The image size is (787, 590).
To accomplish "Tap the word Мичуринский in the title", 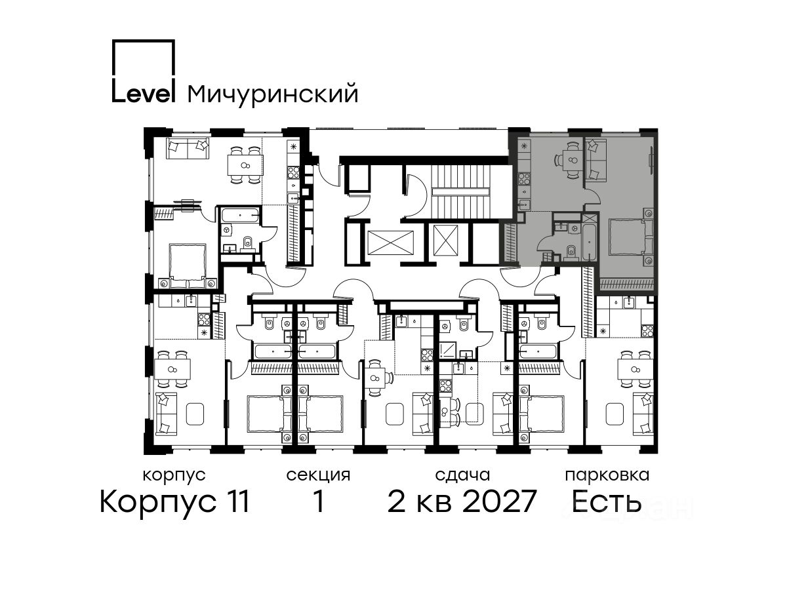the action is (x=273, y=94).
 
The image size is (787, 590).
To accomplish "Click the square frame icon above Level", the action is (x=144, y=59).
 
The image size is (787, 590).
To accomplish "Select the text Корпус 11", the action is (x=174, y=501).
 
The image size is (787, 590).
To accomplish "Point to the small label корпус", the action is (x=174, y=475).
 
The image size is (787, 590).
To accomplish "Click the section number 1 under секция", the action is (x=318, y=501).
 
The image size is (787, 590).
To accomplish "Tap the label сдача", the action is (x=462, y=475).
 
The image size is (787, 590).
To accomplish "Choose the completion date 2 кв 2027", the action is (x=462, y=501).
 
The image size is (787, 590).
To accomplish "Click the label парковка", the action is (x=607, y=475).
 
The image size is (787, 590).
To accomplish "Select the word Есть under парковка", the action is (x=607, y=501).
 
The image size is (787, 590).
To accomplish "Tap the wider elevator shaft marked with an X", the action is (x=390, y=242).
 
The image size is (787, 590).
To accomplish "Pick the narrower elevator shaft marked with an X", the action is (x=445, y=241).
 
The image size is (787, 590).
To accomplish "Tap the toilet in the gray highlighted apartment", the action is (x=571, y=252).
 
